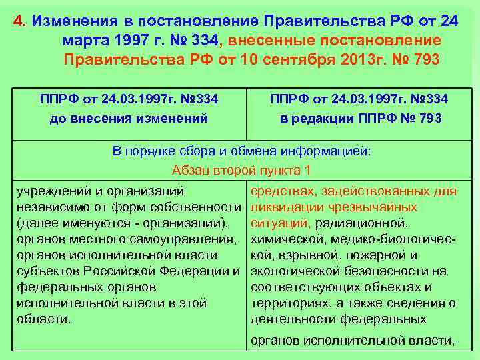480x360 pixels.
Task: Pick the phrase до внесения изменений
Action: (129, 119)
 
